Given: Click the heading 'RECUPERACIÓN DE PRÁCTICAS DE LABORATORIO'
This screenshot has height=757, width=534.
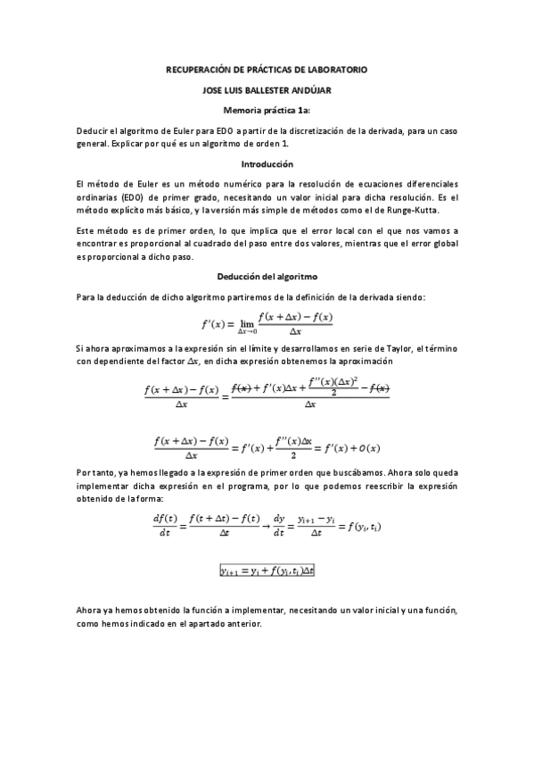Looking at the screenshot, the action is pos(267,69).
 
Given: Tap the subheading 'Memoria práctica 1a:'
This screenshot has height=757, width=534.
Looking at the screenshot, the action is pos(267,110).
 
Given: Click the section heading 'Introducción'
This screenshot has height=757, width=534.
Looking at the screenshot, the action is pos(267,164).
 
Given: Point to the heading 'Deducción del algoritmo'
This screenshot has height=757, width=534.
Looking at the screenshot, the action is pos(267,277).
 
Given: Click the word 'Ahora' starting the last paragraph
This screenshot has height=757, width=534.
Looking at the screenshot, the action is pos(92,611).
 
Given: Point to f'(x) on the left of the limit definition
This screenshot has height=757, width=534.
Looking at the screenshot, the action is pos(209,322).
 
